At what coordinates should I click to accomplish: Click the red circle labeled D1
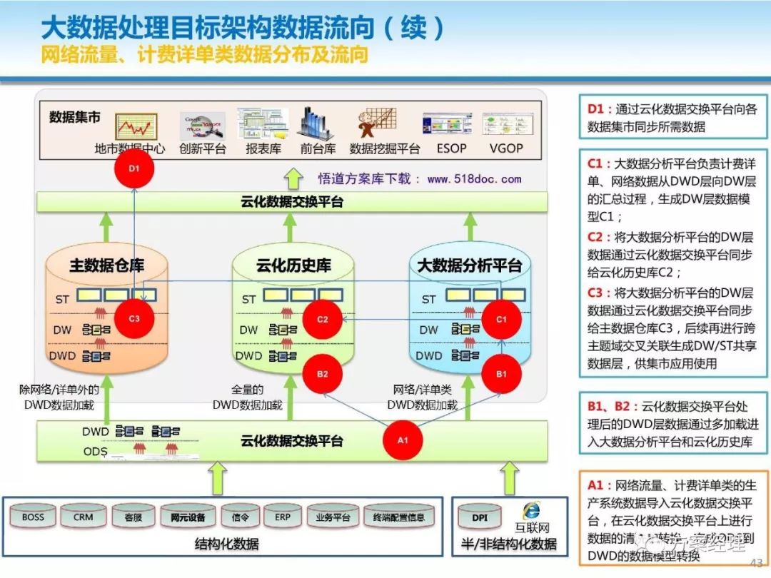pyautogui.click(x=134, y=169)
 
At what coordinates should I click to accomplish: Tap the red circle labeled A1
pyautogui.click(x=403, y=440)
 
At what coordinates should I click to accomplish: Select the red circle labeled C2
pyautogui.click(x=323, y=319)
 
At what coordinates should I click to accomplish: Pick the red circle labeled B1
pyautogui.click(x=501, y=372)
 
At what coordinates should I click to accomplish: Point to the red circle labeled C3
pyautogui.click(x=134, y=318)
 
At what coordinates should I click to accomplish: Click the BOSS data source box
pyautogui.click(x=33, y=517)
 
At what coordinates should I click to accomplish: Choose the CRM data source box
pyautogui.click(x=83, y=517)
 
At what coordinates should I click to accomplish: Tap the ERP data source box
pyautogui.click(x=283, y=517)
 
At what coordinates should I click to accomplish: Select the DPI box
pyautogui.click(x=480, y=517)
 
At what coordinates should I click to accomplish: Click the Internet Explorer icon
pyautogui.click(x=530, y=510)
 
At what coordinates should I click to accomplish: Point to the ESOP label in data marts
pyautogui.click(x=451, y=148)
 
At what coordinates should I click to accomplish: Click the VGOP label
pyautogui.click(x=506, y=148)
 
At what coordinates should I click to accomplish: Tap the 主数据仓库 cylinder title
pyautogui.click(x=107, y=265)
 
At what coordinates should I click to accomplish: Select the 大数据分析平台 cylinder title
pyautogui.click(x=469, y=265)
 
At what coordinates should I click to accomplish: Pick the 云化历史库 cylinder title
pyautogui.click(x=293, y=265)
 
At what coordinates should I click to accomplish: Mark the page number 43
pyautogui.click(x=756, y=563)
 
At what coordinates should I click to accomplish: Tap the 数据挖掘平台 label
pyautogui.click(x=385, y=148)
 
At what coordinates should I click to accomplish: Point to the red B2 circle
pyautogui.click(x=323, y=373)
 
